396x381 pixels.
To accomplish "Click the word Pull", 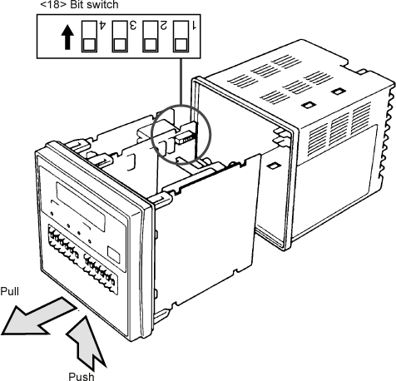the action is pos(9,291).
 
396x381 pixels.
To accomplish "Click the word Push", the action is pos(82,376).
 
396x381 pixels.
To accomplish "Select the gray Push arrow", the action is pos(86,342).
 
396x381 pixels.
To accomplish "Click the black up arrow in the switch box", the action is pos(67,37).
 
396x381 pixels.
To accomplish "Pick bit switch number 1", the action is pos(181,37).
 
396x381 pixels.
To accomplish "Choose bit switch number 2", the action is pos(151,37).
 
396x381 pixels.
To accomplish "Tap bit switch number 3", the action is pos(120,37).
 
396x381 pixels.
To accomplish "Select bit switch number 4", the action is pos(89,37).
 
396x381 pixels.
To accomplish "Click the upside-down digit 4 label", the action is pos(102,25).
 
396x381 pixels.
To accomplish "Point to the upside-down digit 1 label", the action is pos(194,25).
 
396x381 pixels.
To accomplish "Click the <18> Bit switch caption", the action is pos(79,4).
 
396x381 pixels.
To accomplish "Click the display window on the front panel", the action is pos(81,206).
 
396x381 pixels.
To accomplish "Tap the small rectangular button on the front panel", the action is pos(114,255).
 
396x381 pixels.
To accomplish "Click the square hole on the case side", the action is pos(274,166).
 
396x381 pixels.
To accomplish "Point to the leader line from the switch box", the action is pos(181,82).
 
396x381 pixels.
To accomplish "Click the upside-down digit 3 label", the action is pos(133,25).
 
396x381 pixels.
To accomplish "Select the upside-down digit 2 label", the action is pos(164,25).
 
